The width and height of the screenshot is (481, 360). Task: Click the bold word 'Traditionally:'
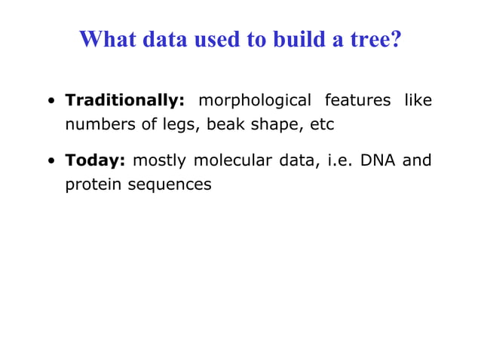pos(125,100)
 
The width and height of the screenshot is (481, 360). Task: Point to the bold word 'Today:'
pos(95,160)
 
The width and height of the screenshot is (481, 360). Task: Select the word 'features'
pos(357,100)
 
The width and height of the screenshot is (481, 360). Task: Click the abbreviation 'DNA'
pos(381,160)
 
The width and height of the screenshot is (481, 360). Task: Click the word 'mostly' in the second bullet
pos(159,160)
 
